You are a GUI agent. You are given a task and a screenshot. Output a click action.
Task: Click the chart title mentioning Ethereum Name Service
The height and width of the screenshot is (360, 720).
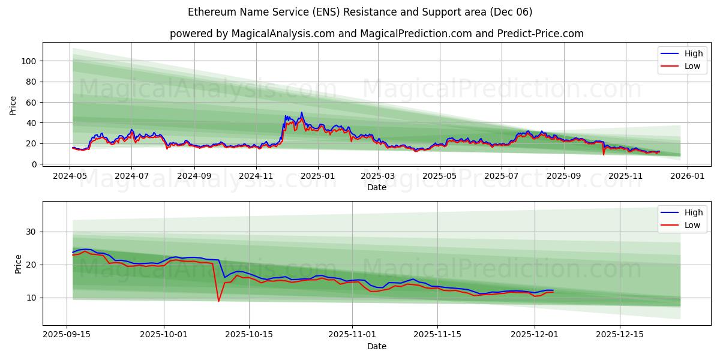tap(359, 12)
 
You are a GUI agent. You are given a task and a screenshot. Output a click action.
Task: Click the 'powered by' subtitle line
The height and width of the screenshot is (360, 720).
tap(376, 34)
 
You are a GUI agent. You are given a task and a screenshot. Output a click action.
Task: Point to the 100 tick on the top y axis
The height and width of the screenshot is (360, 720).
tap(30, 61)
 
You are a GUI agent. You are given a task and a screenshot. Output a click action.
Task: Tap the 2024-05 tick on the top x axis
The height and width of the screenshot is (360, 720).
tap(70, 176)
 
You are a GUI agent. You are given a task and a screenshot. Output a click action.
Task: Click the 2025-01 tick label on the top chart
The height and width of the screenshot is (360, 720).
tap(317, 176)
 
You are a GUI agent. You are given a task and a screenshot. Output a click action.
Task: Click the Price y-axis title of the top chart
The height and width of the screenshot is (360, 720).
tap(13, 106)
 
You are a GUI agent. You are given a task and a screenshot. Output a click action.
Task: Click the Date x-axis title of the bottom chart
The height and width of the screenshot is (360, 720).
tap(376, 346)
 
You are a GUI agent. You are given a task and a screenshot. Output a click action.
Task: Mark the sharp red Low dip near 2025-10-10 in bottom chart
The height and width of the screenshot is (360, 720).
tap(218, 301)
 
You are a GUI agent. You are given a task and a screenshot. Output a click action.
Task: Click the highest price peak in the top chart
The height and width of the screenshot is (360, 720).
tap(302, 113)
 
